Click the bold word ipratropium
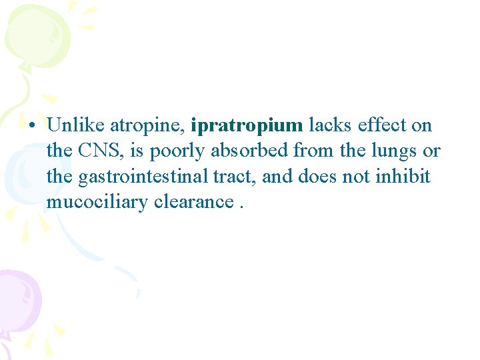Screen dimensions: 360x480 coord(247,126)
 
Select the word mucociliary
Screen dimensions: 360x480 coord(97,203)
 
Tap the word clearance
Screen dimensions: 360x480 coord(193,202)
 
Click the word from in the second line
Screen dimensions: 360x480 coord(313,151)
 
